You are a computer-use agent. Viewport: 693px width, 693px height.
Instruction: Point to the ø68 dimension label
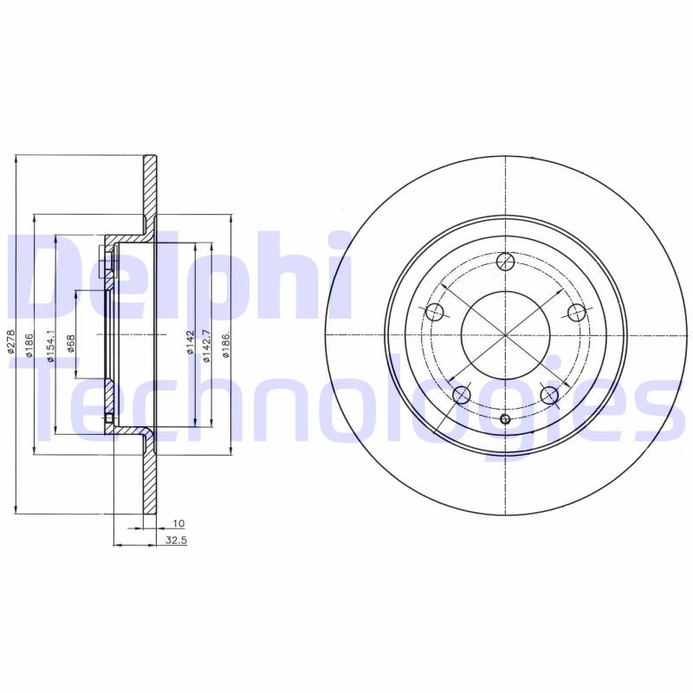coord(71,343)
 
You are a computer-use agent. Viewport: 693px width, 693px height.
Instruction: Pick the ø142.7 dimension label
coord(206,345)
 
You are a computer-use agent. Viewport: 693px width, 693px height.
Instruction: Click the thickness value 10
coord(178,524)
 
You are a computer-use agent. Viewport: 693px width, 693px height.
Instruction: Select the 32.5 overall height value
coord(177,540)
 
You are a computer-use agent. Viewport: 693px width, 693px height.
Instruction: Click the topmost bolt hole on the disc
coord(506,262)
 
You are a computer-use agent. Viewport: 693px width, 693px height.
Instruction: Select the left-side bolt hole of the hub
coord(435,313)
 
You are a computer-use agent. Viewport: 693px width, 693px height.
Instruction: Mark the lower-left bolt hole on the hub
coord(462,395)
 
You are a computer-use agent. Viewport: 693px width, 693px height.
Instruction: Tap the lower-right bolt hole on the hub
coord(549,395)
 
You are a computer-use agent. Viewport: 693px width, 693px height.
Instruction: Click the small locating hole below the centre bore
coord(506,420)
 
